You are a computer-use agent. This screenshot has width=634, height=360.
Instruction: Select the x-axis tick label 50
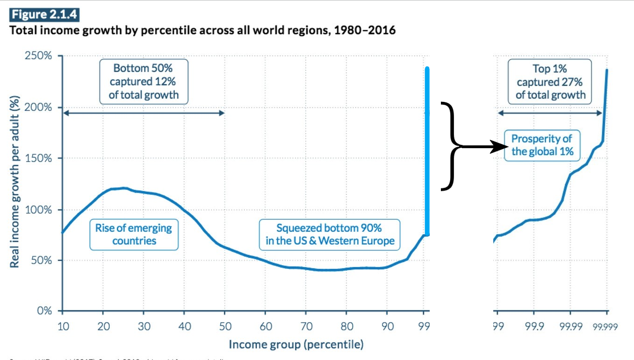click(225, 326)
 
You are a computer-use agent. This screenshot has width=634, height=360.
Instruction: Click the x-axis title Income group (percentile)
click(295, 345)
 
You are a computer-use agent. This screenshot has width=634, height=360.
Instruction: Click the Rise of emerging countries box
click(134, 234)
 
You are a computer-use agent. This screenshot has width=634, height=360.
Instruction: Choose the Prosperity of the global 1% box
click(541, 145)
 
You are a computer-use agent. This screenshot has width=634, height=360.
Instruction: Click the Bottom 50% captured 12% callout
click(144, 81)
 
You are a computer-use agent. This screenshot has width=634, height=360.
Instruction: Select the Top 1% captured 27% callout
click(550, 81)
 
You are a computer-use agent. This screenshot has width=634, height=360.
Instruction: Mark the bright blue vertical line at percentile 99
click(427, 150)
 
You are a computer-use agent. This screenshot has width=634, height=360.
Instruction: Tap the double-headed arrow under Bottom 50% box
click(144, 113)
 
